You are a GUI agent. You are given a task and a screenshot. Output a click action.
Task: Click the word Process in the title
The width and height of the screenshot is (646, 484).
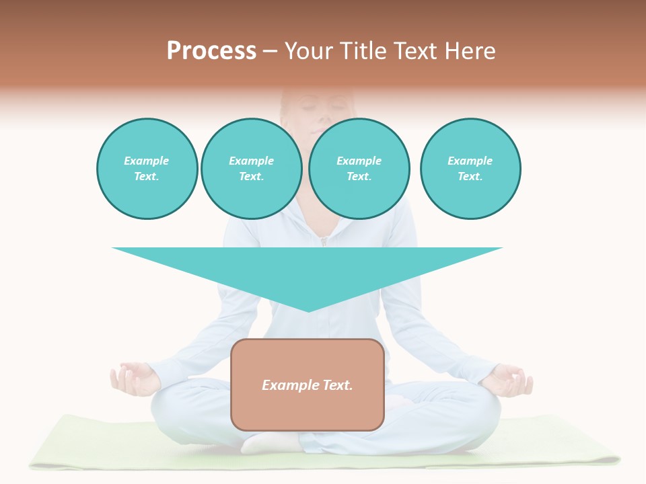point(211,51)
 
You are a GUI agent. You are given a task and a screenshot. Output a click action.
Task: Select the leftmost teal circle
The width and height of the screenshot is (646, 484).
point(147,169)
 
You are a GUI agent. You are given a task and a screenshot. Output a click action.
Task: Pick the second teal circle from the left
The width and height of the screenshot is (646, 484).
point(251,169)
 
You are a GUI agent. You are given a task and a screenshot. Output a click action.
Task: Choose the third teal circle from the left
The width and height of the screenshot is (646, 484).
point(359,169)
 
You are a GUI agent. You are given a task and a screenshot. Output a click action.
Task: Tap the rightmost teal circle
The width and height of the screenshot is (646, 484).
point(470,169)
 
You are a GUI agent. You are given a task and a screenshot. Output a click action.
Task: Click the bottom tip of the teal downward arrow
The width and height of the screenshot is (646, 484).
point(308,311)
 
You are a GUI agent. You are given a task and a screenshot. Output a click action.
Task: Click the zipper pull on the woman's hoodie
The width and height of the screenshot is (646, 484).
point(324,241)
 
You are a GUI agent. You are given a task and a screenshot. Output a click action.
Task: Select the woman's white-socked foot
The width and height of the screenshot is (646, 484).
point(269,442)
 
